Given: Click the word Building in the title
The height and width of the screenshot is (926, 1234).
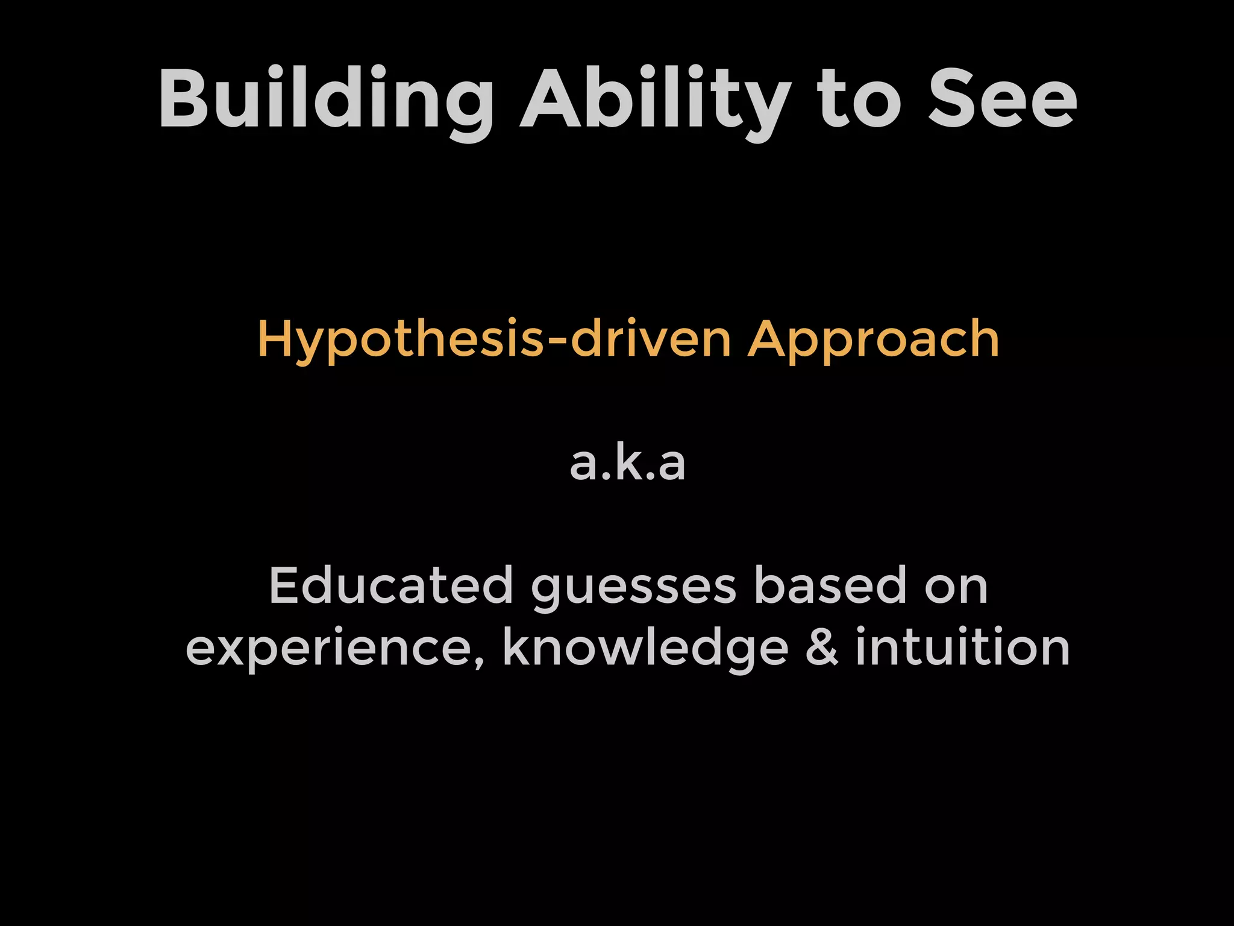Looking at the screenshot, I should click(325, 99).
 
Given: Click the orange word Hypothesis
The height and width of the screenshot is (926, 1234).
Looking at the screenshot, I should click(401, 341).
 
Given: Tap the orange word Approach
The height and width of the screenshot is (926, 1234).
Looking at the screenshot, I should click(873, 341).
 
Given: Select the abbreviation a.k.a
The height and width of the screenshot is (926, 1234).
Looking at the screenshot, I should click(627, 464).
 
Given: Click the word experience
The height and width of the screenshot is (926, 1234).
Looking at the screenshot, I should click(329, 649).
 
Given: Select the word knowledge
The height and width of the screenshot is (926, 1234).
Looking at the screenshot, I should click(645, 649).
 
